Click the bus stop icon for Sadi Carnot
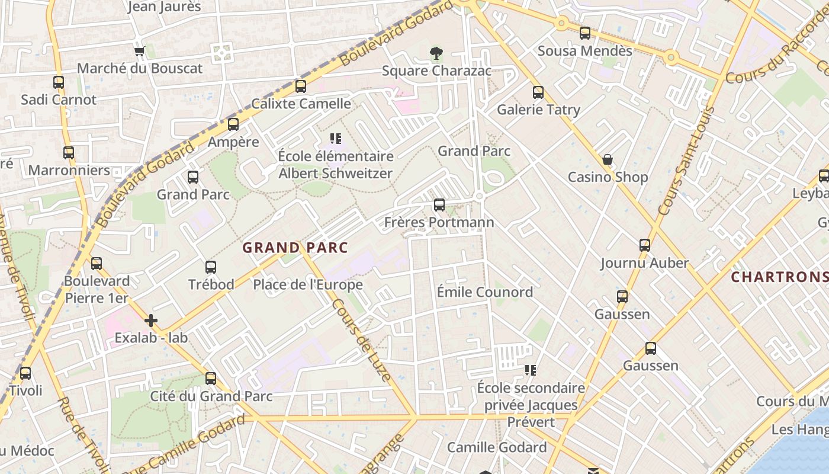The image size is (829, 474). [x=59, y=82]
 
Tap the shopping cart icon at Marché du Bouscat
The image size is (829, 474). [x=140, y=52]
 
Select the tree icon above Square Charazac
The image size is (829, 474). [x=436, y=54]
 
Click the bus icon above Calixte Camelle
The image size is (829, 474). [x=301, y=87]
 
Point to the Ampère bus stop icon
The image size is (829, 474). [x=233, y=124]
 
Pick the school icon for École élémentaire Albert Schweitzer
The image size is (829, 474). [x=336, y=139]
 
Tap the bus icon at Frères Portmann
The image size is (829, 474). [x=439, y=205]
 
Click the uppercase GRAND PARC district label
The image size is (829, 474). [x=295, y=248]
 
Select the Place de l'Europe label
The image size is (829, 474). [x=308, y=285]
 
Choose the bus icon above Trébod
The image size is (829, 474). [x=211, y=267]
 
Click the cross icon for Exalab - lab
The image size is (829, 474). [x=151, y=321]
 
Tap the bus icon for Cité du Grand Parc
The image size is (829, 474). [x=211, y=379]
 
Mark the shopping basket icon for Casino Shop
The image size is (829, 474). [x=608, y=160]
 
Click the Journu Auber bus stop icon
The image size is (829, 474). [x=645, y=245]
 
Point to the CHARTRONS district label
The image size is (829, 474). [x=779, y=277]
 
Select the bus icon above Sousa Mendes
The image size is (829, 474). [x=585, y=33]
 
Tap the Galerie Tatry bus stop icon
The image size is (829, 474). [x=538, y=92]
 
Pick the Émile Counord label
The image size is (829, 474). [x=484, y=292]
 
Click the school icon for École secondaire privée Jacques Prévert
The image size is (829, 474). [x=531, y=370]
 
